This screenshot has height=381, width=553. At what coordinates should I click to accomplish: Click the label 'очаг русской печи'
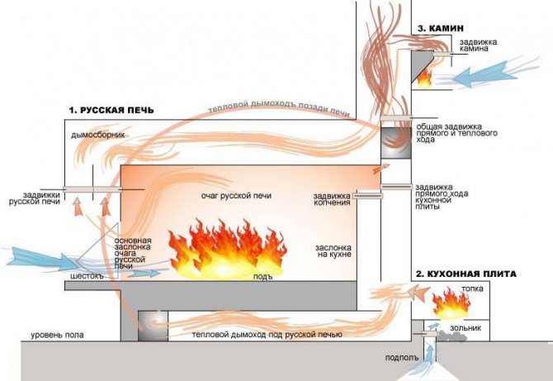pos(236,196)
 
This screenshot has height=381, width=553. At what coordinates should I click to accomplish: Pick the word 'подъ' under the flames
pos(262,275)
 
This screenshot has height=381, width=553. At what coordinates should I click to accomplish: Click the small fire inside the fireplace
pos(424,77)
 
